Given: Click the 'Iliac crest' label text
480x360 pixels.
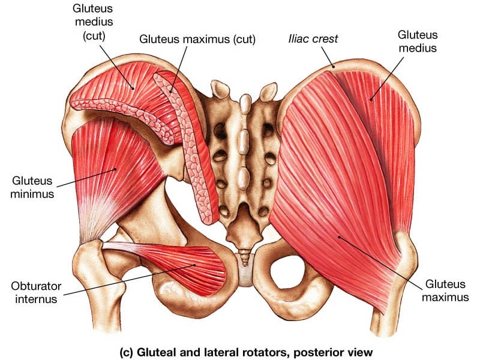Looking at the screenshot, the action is [313, 38].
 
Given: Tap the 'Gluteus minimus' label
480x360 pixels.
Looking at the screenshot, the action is [32, 187].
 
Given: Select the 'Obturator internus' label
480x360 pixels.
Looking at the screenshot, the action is [36, 292].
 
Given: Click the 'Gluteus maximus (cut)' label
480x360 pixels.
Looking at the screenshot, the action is [197, 39].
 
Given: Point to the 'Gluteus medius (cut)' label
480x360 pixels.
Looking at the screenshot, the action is [94, 22].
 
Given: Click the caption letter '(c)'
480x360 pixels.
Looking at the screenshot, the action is [126, 352].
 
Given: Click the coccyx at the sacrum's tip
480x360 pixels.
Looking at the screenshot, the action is [245, 257].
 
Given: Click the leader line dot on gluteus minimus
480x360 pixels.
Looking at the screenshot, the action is [115, 169].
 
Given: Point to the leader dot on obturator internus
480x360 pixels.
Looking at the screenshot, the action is [194, 265].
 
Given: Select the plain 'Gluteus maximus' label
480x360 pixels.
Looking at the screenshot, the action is [445, 290].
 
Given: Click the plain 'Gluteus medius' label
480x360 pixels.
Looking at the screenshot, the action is [418, 41].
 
